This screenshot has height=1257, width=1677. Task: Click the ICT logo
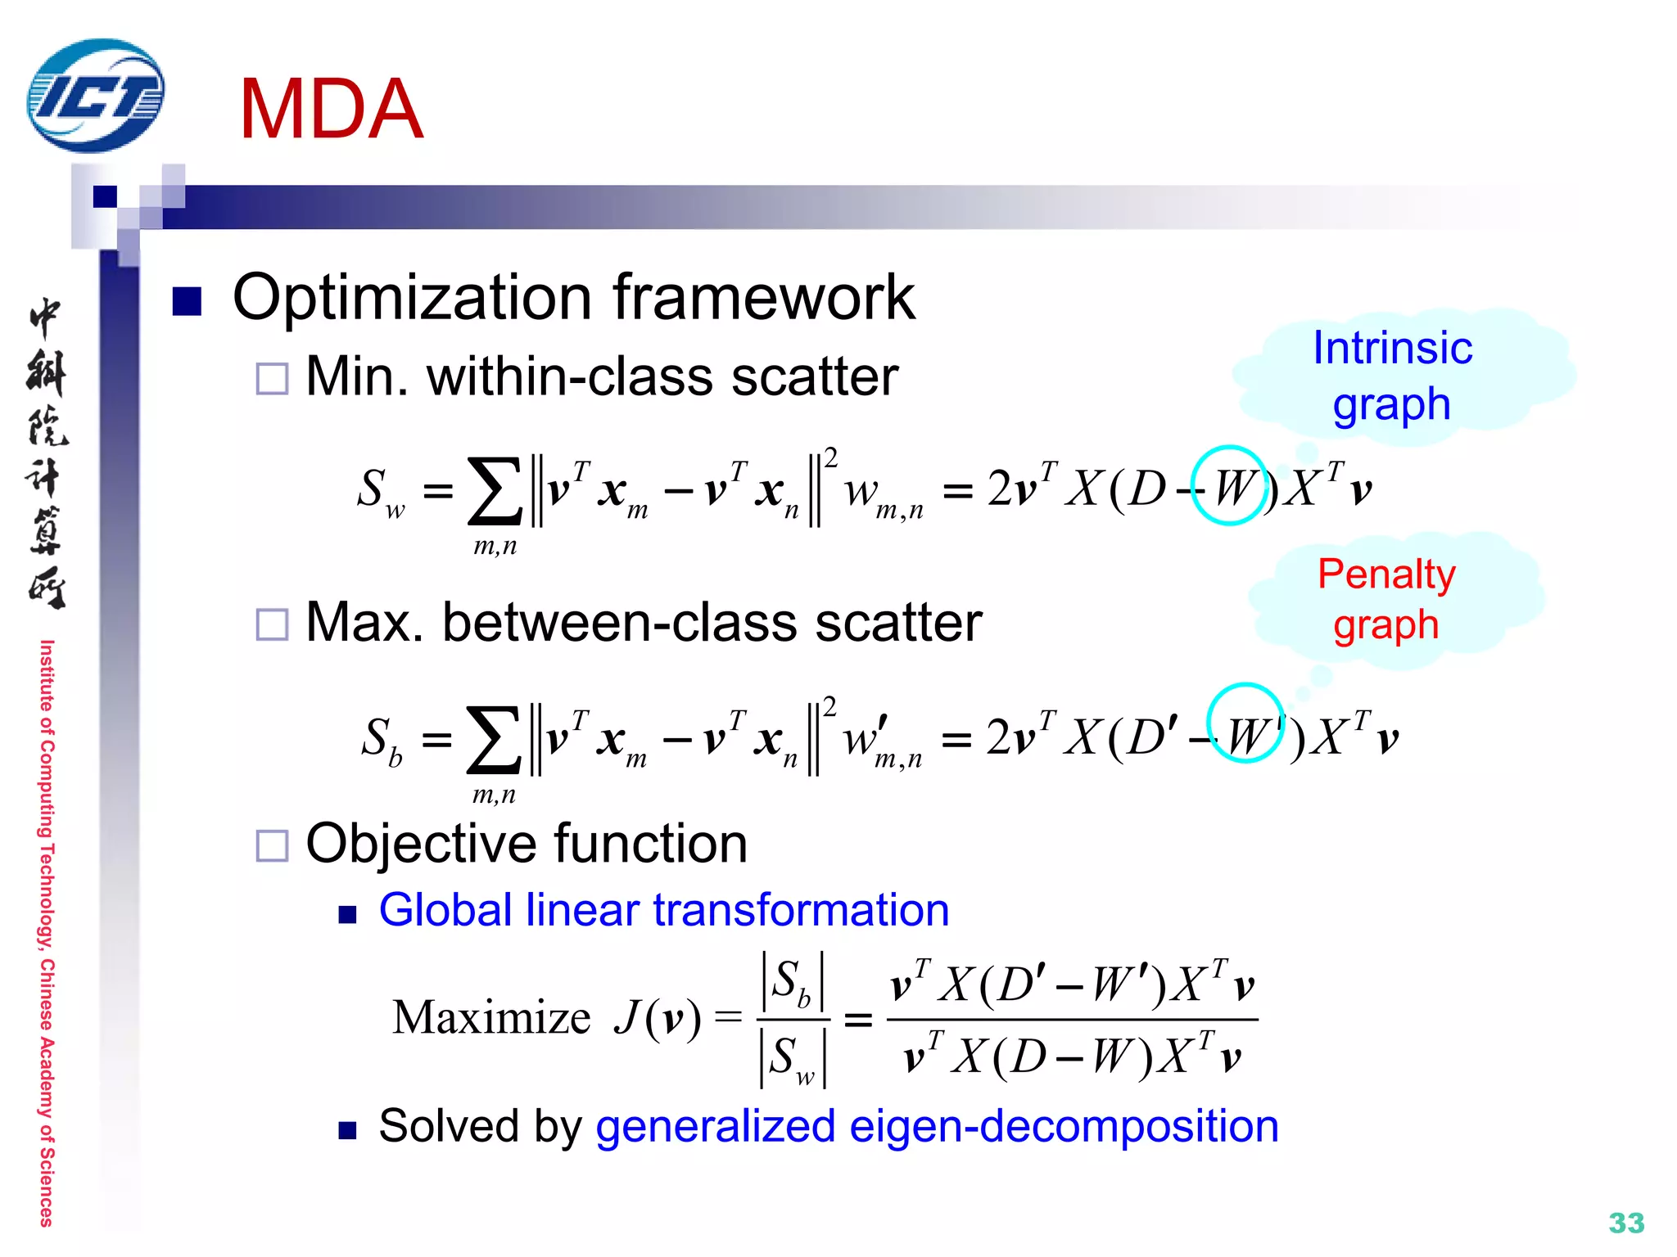(x=96, y=96)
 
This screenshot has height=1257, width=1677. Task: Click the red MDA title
(x=331, y=109)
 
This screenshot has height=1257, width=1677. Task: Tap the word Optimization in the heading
(x=412, y=298)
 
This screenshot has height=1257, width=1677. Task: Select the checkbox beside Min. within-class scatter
(x=272, y=379)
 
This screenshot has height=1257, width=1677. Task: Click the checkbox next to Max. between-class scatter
(x=272, y=624)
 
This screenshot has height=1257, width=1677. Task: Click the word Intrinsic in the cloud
(x=1392, y=348)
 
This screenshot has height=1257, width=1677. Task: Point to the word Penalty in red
(x=1386, y=574)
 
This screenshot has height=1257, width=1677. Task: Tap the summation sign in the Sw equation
(x=495, y=491)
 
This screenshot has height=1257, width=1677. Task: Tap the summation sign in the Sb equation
(x=493, y=740)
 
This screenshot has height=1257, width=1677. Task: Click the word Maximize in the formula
(x=491, y=1018)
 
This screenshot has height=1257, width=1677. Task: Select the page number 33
(x=1625, y=1223)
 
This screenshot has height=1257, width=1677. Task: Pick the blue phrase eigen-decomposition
(x=1064, y=1126)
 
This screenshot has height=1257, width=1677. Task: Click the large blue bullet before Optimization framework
(x=188, y=301)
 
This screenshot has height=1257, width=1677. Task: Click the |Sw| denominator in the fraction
(x=793, y=1058)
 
